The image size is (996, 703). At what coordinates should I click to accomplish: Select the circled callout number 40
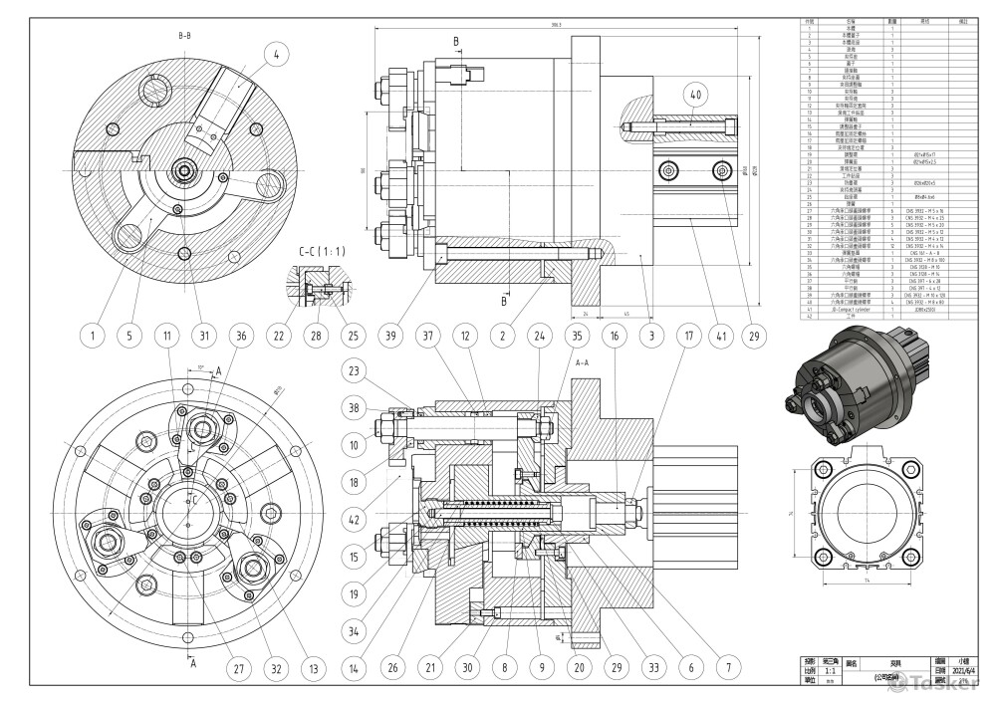click(695, 96)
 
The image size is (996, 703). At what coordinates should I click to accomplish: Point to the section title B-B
click(184, 36)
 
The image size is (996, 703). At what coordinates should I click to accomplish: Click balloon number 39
click(390, 337)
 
